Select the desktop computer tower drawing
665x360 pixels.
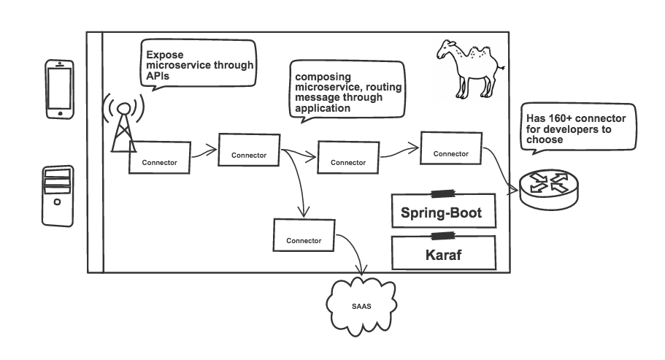57,195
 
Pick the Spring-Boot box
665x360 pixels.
442,212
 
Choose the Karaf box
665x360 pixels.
442,254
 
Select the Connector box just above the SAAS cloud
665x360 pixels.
304,238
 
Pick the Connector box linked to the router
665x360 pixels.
450,151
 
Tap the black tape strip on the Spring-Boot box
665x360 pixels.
442,194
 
